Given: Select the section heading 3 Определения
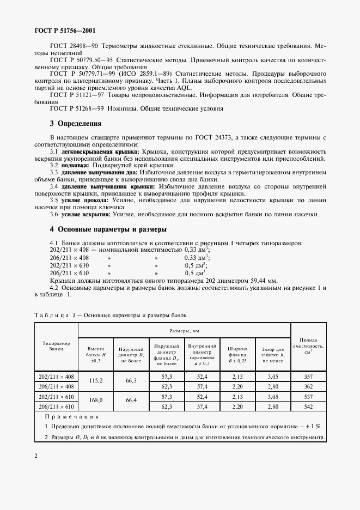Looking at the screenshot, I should pyautogui.click(x=76, y=124).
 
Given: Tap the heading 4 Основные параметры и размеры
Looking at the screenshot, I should pyautogui.click(x=108, y=229).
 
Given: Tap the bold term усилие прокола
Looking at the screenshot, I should pyautogui.click(x=85, y=200).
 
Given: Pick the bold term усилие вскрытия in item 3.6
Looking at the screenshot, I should pyautogui.click(x=87, y=214).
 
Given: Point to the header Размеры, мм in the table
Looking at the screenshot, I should pyautogui.click(x=185, y=330).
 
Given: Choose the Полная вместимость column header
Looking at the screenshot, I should pyautogui.click(x=308, y=346).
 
